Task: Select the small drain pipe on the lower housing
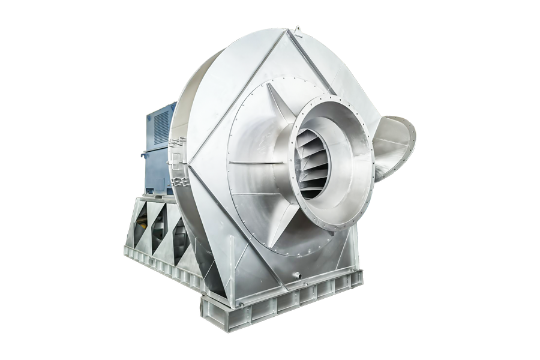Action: pos(296,275)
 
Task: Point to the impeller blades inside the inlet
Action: pos(312,162)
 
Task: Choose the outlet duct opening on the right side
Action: pos(393,147)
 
